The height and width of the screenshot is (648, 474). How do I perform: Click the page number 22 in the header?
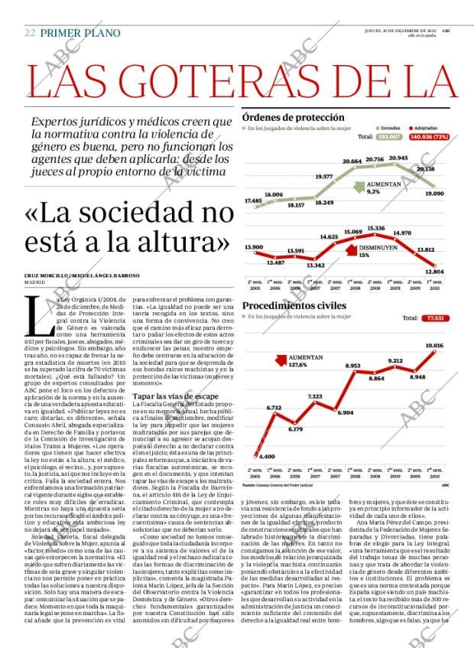pos(30,33)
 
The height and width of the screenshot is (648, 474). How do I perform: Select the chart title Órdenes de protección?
pos(293,118)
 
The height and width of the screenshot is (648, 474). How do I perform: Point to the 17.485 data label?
pos(253,200)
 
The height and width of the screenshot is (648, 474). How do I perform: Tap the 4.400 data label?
pos(267,456)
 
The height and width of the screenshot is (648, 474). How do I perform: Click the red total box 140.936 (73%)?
pos(429,137)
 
